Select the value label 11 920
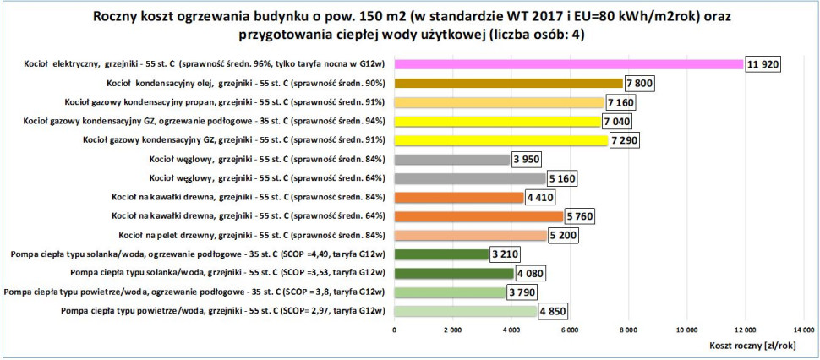pos(763,64)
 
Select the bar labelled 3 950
pos(451,159)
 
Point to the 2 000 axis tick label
pos(452,328)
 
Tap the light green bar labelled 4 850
pos(465,310)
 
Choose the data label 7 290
pos(626,140)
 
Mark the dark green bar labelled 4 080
pos(453,273)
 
